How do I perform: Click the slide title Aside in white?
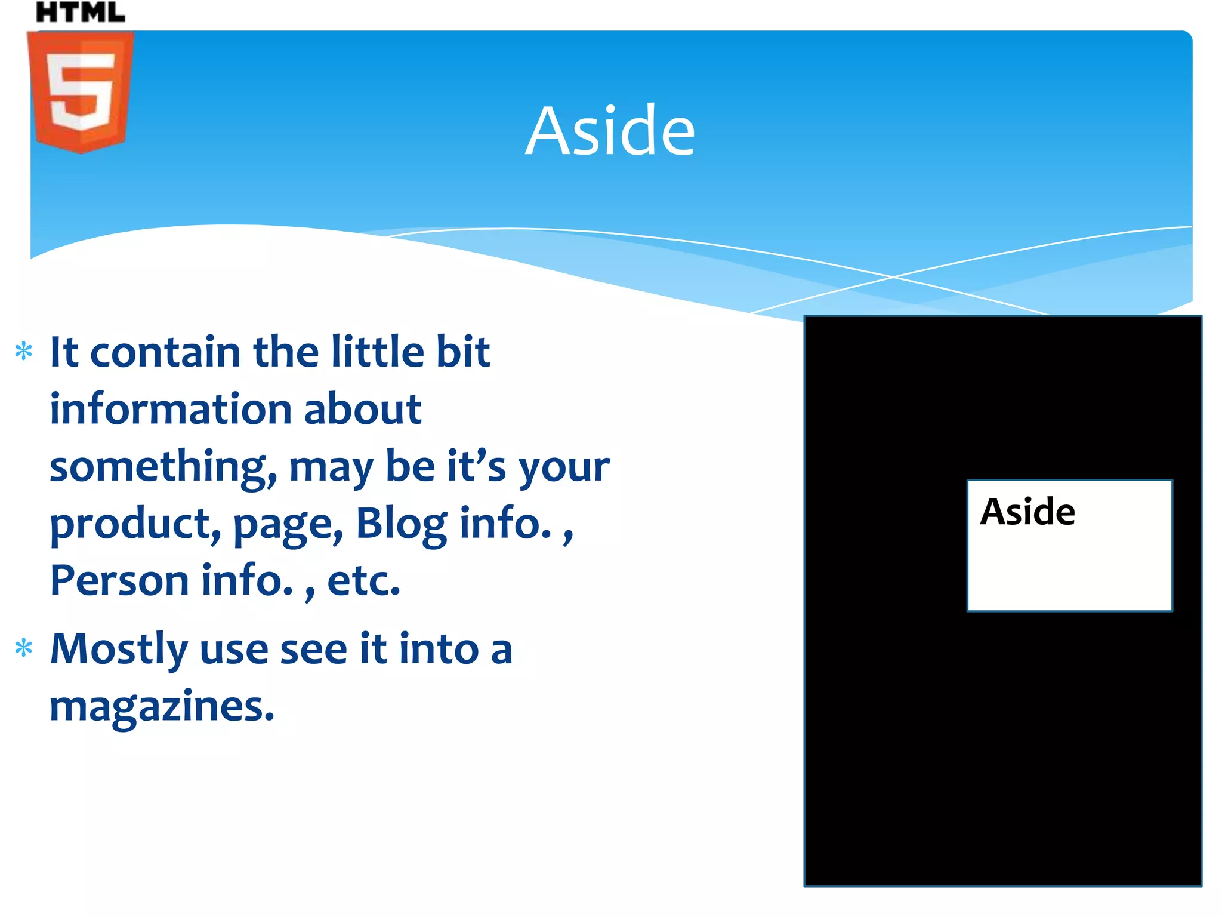coord(610,131)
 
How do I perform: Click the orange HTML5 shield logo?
coord(81,93)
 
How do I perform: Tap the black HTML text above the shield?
coord(81,12)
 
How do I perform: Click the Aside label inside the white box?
coord(1027,512)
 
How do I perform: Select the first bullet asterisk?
coord(24,351)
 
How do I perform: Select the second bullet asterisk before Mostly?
coord(24,648)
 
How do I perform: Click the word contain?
coord(165,352)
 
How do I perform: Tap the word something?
coord(163,467)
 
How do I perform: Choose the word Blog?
coord(401,524)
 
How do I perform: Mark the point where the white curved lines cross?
coord(893,277)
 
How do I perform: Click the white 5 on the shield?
coord(81,90)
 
